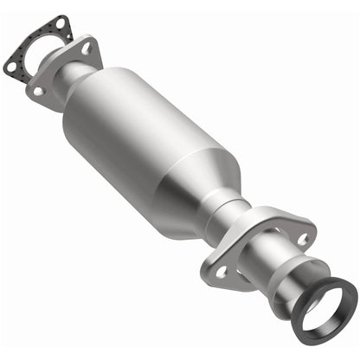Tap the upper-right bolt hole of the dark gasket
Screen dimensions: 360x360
coord(61,22)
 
